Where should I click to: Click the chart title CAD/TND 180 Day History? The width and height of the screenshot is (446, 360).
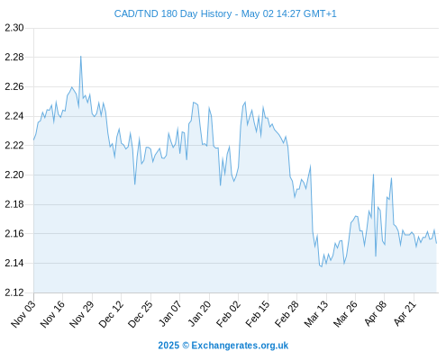pyautogui.click(x=173, y=13)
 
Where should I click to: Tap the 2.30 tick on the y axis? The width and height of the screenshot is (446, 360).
pyautogui.click(x=14, y=28)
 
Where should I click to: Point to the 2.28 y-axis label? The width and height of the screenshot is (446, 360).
pyautogui.click(x=14, y=57)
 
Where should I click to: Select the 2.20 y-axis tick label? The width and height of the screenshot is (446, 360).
pyautogui.click(x=14, y=175)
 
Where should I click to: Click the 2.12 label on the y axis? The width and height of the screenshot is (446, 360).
pyautogui.click(x=14, y=292)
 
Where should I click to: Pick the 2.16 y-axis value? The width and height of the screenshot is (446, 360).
pyautogui.click(x=14, y=233)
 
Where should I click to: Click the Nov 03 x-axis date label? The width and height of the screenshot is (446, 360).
pyautogui.click(x=23, y=314)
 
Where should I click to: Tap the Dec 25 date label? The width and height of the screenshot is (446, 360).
pyautogui.click(x=141, y=314)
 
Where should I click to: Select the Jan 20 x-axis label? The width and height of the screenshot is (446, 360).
pyautogui.click(x=199, y=314)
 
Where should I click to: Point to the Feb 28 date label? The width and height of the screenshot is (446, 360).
pyautogui.click(x=287, y=314)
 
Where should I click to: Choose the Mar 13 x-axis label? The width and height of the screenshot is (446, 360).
pyautogui.click(x=316, y=314)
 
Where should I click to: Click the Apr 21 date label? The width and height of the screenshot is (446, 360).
pyautogui.click(x=405, y=313)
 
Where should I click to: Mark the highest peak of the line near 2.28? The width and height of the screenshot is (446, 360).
pyautogui.click(x=80, y=57)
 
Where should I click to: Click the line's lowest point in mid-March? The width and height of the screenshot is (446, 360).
pyautogui.click(x=322, y=266)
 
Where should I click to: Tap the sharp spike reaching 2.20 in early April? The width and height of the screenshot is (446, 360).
pyautogui.click(x=373, y=175)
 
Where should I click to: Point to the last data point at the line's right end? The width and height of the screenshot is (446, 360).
pyautogui.click(x=436, y=243)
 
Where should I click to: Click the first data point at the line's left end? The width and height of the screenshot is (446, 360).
pyautogui.click(x=34, y=139)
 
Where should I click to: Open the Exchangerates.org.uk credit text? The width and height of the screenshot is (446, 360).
pyautogui.click(x=240, y=346)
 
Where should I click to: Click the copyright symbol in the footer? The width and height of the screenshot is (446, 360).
pyautogui.click(x=186, y=346)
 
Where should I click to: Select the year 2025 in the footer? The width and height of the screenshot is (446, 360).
pyautogui.click(x=168, y=346)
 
